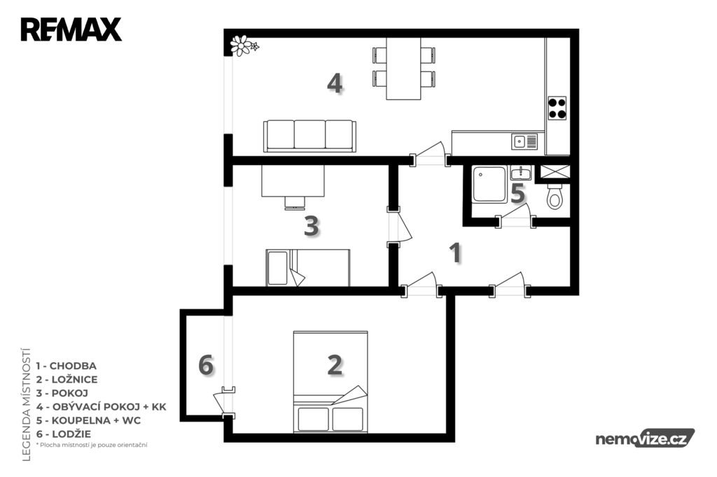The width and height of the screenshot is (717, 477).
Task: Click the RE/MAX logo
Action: pyautogui.click(x=71, y=29)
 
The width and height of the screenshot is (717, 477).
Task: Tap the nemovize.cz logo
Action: pyautogui.click(x=645, y=438)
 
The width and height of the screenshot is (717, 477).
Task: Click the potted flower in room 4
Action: pyautogui.click(x=244, y=45)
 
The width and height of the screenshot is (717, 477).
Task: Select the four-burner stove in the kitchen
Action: pyautogui.click(x=557, y=108)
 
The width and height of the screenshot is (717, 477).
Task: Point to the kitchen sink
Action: pyautogui.click(x=524, y=142)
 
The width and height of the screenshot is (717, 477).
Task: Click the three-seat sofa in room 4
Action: pyautogui.click(x=309, y=136)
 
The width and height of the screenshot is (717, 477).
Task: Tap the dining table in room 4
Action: pyautogui.click(x=403, y=69)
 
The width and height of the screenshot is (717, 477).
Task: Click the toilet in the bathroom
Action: pyautogui.click(x=555, y=196)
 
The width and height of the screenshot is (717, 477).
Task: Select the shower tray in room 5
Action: pyautogui.click(x=489, y=184)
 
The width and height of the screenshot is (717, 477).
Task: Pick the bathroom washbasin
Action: pyautogui.click(x=520, y=173)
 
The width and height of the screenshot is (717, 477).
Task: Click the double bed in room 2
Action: pyautogui.click(x=330, y=381)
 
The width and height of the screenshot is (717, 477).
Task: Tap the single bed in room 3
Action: pyautogui.click(x=308, y=268)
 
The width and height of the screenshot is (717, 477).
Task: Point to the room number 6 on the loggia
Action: pyautogui.click(x=206, y=366)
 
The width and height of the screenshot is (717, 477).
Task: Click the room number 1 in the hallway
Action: pyautogui.click(x=455, y=252)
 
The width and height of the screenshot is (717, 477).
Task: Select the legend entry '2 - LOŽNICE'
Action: pyautogui.click(x=67, y=379)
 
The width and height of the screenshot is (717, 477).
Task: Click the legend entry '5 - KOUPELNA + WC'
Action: pyautogui.click(x=88, y=420)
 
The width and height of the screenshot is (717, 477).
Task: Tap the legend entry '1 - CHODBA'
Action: pyautogui.click(x=67, y=366)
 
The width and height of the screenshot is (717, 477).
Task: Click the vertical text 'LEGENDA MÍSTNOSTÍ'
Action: pyautogui.click(x=26, y=404)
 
